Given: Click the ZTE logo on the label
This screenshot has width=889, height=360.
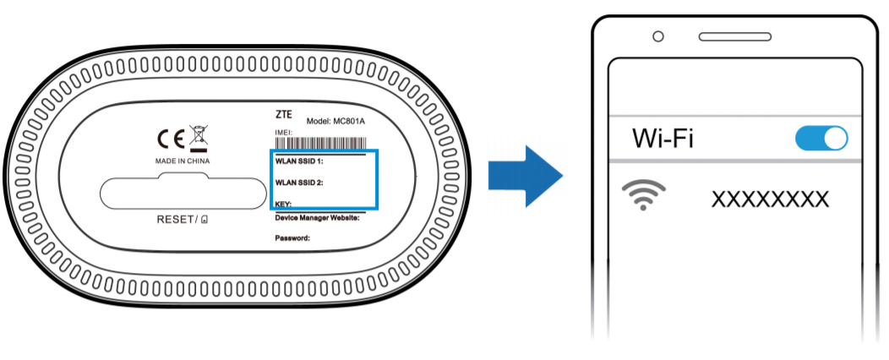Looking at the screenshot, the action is tap(283, 115).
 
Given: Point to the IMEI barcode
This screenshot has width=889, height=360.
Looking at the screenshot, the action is tap(320, 142).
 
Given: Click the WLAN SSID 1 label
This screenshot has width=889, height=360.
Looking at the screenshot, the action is tap(299, 161).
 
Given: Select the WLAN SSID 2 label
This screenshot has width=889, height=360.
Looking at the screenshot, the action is tap(299, 183).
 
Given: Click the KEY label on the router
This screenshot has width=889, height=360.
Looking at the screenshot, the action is tap(283, 203).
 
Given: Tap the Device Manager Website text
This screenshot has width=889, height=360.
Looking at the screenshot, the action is tap(318, 218).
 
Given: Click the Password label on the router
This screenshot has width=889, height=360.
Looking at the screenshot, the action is tap(292, 238).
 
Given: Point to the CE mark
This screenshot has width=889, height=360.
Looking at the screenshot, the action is tap(170, 139).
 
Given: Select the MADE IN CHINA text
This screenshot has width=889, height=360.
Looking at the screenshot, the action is tap(182, 161).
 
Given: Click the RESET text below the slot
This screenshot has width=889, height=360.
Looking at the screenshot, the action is tap(175, 220).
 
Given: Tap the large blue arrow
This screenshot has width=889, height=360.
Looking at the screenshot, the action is tap(525, 177).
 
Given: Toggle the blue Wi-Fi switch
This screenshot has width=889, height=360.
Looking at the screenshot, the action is tap(821, 139).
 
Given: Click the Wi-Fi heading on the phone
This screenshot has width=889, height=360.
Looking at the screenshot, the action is tap(663, 138).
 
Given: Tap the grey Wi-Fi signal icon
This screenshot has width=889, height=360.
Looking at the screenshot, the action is tap(643, 194).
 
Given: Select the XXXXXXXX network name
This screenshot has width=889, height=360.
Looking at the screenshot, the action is tap(770, 199).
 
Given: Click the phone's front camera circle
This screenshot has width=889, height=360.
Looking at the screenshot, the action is tap(658, 37).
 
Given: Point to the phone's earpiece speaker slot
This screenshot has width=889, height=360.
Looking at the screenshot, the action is tap(735, 37).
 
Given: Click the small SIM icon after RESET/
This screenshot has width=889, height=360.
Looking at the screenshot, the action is tap(205, 220).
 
